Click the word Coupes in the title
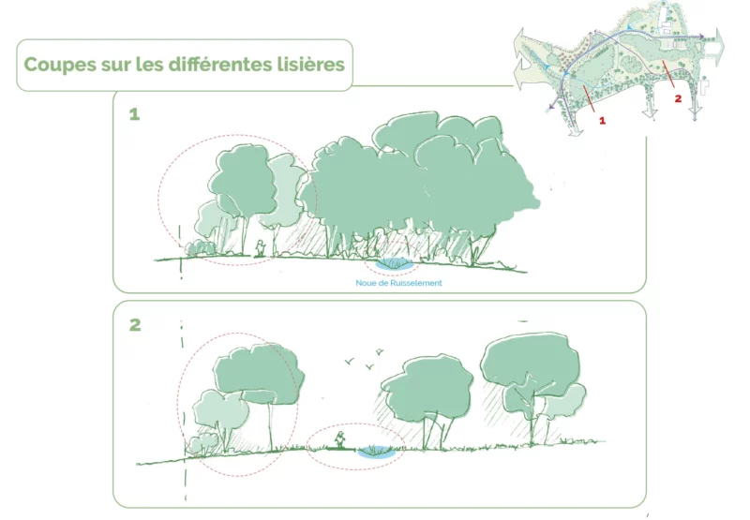point(60,65)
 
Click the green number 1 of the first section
point(134,114)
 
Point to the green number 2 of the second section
point(135,324)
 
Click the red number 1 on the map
point(602,121)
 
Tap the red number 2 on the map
point(678,98)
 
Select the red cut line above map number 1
point(589,99)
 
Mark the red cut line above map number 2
point(668,74)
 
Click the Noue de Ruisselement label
point(398,283)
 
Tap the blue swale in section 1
point(394,263)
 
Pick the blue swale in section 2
point(377,452)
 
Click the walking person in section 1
point(260,248)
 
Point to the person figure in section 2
point(339,439)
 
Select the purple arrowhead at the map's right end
point(700,37)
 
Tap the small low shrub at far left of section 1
point(201,247)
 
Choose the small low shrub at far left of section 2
point(202,443)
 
